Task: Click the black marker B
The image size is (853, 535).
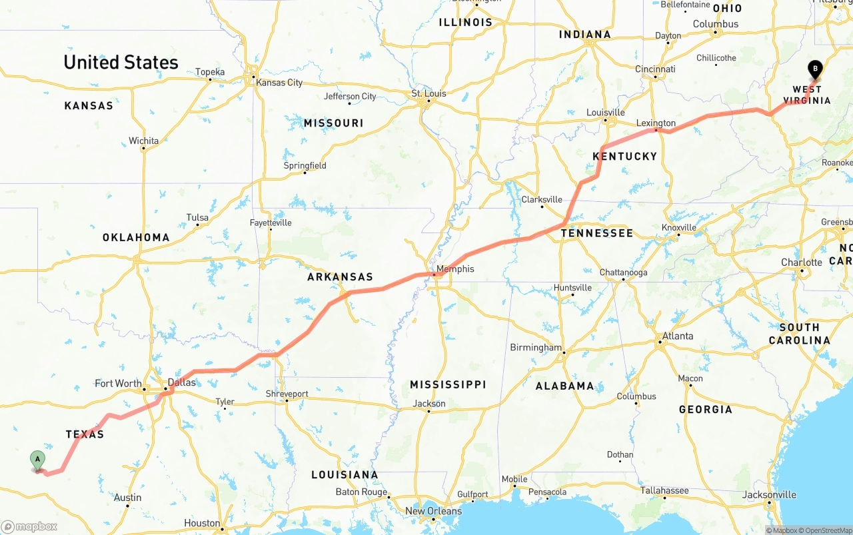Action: point(814,69)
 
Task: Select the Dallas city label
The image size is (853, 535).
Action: point(182,382)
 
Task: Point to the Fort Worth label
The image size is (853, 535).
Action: point(118,383)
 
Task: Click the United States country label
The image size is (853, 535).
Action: point(121,63)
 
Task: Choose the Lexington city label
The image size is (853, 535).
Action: point(656,123)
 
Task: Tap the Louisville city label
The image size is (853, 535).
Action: point(606,113)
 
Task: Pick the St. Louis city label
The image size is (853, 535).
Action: point(428,93)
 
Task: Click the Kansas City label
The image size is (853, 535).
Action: point(279,83)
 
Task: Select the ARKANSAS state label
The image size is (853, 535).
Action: point(340,276)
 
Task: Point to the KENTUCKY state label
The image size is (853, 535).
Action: point(624,156)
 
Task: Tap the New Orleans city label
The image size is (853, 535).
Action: point(433,511)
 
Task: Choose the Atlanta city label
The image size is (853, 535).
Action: point(678,336)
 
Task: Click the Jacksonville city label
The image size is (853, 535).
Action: point(769,494)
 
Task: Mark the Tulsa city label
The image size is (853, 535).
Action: point(197,217)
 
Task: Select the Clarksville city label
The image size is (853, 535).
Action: point(542,199)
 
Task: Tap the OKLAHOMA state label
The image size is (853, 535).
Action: point(136,237)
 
